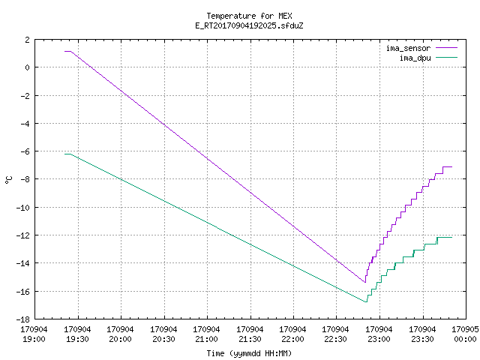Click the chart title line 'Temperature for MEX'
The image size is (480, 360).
pos(249,16)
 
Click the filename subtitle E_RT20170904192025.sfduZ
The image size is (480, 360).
pos(249,25)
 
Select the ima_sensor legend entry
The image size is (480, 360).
pos(421,48)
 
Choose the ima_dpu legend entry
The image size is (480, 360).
pos(428,58)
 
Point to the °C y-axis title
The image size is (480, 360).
pos(9,179)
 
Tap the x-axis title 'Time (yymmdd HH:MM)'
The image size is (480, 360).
pos(249,353)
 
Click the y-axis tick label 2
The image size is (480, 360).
pos(28,40)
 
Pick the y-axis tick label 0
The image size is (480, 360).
pos(28,67)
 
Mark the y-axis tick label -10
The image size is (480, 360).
pos(25,207)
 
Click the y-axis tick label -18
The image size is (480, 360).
pos(25,319)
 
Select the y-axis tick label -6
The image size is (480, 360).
pos(25,151)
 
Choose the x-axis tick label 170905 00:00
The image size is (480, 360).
pos(465,334)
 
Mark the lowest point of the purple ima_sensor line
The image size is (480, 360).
pos(365,282)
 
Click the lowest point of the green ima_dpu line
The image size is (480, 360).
pos(366,301)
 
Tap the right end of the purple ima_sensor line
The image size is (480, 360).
pos(451,166)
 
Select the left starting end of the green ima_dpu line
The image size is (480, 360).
pos(65,154)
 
